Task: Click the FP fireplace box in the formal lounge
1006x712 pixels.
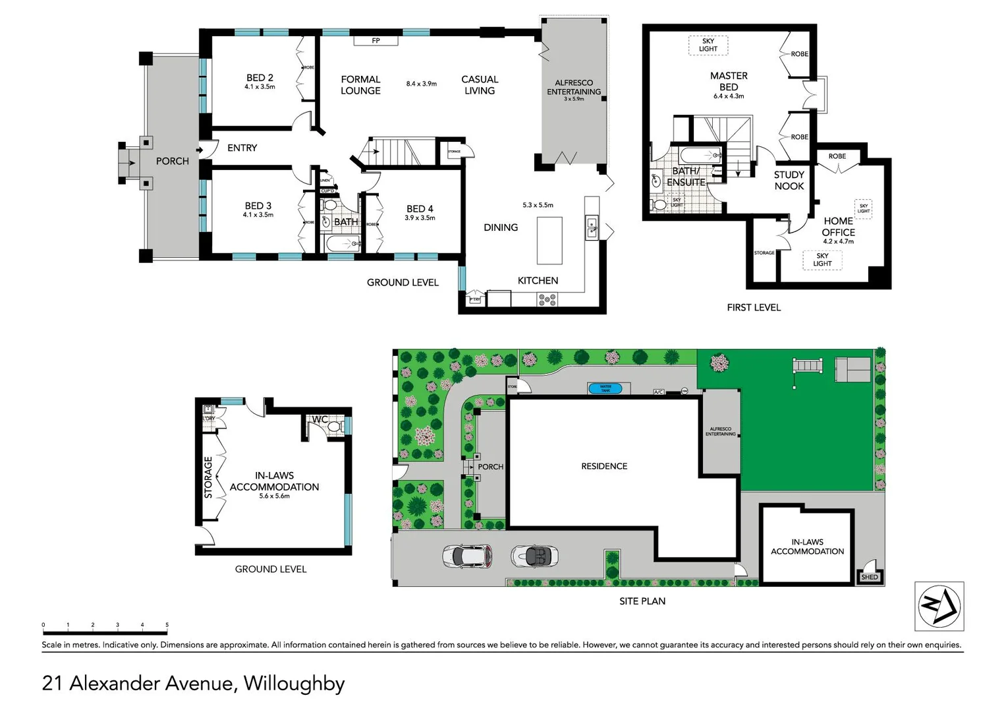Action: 376,41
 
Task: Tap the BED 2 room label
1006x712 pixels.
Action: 260,78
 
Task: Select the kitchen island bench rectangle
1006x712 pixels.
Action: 549,240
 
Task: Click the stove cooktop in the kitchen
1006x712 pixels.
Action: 547,300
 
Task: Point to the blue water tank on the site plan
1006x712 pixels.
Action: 605,388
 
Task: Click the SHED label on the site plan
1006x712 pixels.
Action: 870,577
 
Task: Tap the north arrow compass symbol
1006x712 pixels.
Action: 939,605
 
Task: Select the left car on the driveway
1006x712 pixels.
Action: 467,556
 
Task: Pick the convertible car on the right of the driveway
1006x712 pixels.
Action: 535,556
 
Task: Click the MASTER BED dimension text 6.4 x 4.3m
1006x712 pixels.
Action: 729,96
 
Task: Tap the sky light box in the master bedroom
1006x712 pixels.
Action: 708,45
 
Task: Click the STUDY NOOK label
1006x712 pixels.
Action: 789,180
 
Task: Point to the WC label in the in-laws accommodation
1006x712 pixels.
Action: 320,419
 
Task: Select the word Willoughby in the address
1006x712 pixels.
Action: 294,683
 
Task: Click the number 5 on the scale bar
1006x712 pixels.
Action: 167,625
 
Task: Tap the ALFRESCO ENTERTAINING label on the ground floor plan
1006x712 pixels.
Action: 574,87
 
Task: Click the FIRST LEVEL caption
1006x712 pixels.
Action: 754,307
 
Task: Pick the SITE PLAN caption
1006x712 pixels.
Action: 642,601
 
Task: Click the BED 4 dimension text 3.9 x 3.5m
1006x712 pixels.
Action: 420,218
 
